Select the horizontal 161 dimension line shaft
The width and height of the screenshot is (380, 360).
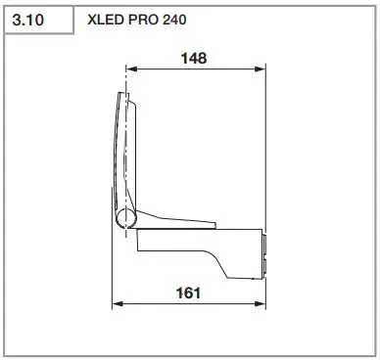pos(157,302)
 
